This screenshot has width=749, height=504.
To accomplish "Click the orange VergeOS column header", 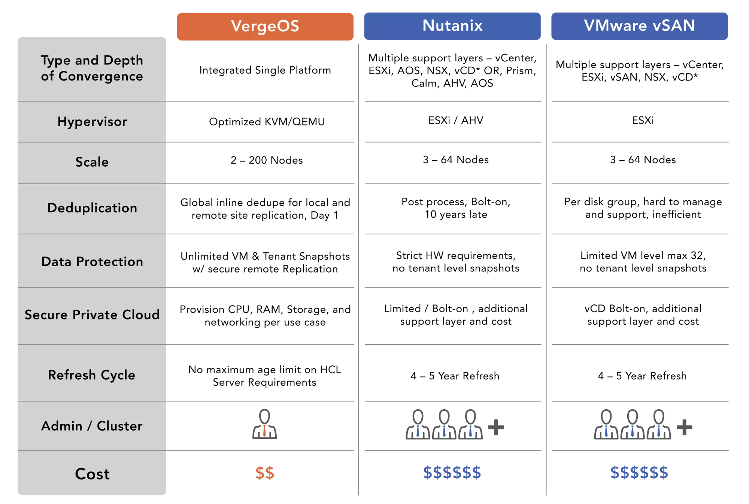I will (265, 27).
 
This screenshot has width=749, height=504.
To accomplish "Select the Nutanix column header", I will (452, 26).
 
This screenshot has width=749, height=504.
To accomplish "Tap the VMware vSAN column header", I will (640, 26).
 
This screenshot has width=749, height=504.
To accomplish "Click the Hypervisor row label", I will (92, 122).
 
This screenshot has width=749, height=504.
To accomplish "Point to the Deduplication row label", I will (92, 208).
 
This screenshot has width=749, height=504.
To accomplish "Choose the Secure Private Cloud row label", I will (92, 315).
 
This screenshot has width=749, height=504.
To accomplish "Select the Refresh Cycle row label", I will (92, 375).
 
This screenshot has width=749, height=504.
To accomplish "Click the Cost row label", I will (92, 474).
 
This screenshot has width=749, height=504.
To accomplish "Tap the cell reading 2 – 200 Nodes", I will (266, 160).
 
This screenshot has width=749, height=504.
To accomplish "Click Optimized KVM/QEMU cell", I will (267, 122).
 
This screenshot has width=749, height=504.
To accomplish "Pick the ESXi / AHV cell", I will (455, 121).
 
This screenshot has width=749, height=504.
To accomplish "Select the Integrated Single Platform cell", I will (265, 70).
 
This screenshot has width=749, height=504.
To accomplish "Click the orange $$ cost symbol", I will (265, 473).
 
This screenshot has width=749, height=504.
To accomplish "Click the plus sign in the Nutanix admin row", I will (497, 427).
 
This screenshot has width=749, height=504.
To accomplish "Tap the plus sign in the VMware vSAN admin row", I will (685, 427).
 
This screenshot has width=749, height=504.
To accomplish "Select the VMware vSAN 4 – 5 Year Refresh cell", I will (642, 376).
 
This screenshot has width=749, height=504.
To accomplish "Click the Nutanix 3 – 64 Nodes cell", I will (455, 160).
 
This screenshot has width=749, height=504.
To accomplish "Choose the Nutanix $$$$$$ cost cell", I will (452, 473).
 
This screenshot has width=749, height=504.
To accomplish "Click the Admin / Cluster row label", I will (92, 426).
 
